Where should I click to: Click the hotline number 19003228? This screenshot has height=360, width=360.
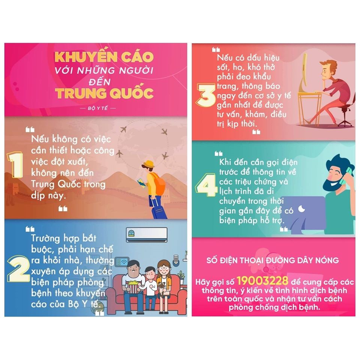[262, 280]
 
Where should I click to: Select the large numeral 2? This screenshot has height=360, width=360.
[18, 268]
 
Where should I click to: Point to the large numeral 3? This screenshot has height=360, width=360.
[206, 95]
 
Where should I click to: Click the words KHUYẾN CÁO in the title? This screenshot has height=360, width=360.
[104, 57]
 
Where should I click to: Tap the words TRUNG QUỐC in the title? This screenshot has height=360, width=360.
[104, 93]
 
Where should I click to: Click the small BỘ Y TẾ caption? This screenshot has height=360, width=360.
[97, 108]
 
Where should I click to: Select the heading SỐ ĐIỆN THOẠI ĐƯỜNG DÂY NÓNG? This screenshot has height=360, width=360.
[273, 260]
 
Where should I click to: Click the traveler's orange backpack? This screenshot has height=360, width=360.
[158, 183]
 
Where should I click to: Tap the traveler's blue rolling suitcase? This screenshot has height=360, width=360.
[159, 209]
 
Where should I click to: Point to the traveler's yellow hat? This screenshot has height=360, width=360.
[148, 164]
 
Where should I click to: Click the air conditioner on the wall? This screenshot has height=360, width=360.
[147, 234]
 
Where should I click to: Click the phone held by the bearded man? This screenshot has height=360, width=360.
[345, 175]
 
